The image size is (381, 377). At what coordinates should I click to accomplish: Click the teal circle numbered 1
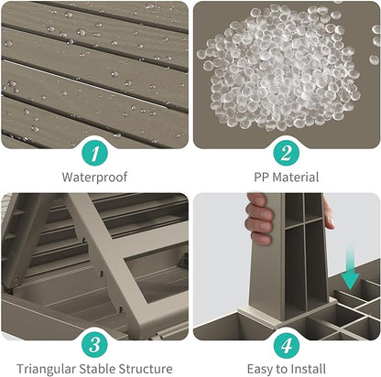coord(94,154)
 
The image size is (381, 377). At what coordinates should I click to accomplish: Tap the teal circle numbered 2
coord(286,154)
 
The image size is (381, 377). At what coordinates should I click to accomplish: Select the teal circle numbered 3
coord(94,345)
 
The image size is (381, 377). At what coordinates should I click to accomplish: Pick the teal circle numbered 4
coord(286,345)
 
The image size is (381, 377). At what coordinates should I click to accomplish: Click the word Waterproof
coord(94,178)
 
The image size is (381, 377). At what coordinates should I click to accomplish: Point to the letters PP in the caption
coord(261,178)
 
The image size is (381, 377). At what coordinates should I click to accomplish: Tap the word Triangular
coord(47,370)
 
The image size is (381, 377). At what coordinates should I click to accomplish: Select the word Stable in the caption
coord(97,369)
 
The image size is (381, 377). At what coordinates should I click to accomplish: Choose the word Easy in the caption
coord(260,370)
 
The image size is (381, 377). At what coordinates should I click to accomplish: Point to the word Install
coord(308,369)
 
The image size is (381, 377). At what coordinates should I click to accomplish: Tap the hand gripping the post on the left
coord(259,219)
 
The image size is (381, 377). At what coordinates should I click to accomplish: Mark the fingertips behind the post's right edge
coord(328,213)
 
